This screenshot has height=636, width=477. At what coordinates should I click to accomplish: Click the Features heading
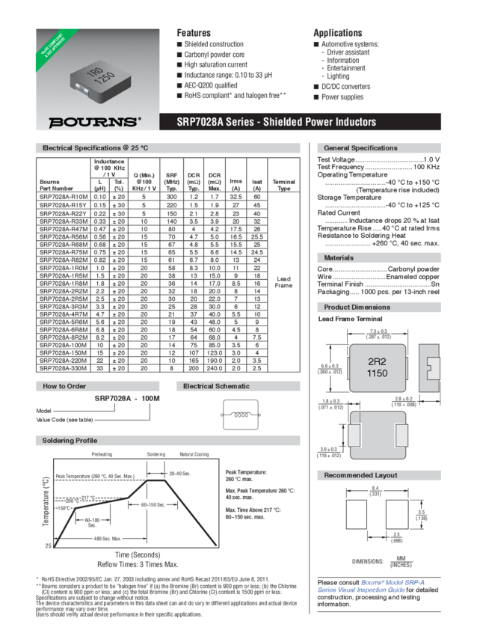pos(193,33)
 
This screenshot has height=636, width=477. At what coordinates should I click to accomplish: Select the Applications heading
pos(337,33)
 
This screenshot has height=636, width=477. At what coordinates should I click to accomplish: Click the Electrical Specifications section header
pos(96,148)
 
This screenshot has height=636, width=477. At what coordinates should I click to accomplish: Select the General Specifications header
pos(360,148)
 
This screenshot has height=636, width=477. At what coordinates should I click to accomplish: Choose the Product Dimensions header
pos(357,308)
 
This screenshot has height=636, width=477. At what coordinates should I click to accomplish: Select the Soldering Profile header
pos(70,440)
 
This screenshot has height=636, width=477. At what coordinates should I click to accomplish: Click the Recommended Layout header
pos(360,475)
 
